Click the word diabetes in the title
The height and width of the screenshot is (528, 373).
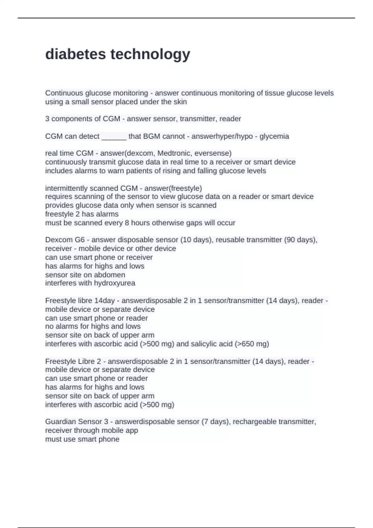(x=76, y=54)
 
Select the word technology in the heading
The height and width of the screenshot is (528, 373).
(x=150, y=55)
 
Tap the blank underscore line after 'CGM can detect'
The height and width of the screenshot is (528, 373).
(x=114, y=136)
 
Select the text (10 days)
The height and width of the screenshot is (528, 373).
(x=197, y=240)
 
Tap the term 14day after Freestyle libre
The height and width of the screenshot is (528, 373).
(x=104, y=301)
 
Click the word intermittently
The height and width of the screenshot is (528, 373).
(x=66, y=188)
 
